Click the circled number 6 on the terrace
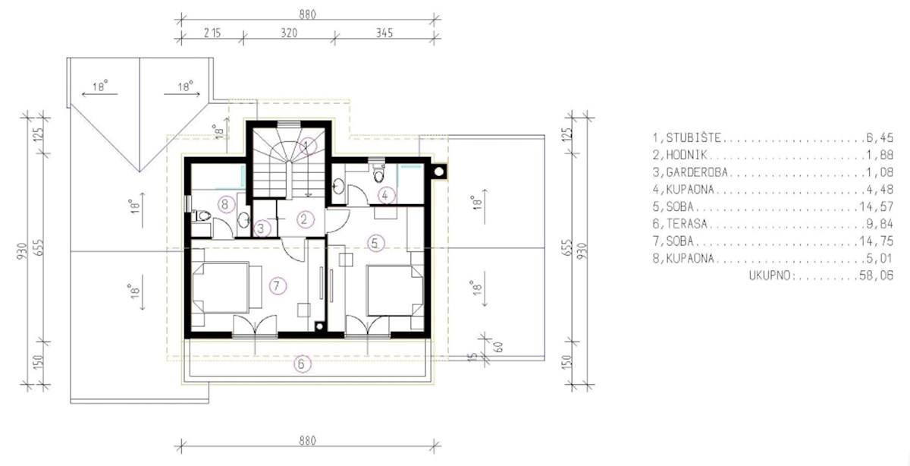pyautogui.click(x=302, y=365)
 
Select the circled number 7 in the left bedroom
pyautogui.click(x=278, y=285)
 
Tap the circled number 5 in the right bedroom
pyautogui.click(x=375, y=243)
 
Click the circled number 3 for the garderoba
pyautogui.click(x=261, y=227)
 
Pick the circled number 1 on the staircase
pyautogui.click(x=306, y=145)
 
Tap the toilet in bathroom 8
pyautogui.click(x=201, y=216)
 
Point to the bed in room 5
pyautogui.click(x=393, y=289)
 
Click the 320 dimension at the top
pyautogui.click(x=287, y=33)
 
